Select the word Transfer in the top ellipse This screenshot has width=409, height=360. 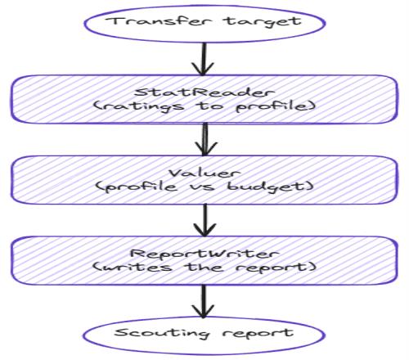point(159,21)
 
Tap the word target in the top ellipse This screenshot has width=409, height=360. point(263,22)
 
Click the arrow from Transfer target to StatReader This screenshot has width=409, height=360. point(204,59)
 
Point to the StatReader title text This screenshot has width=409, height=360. point(204,92)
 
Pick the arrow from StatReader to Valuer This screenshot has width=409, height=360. point(205,139)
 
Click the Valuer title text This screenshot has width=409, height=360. point(204,173)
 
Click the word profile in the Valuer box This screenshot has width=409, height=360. point(137,187)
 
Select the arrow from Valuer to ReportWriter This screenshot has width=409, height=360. point(204,220)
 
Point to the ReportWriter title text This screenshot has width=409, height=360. point(204,254)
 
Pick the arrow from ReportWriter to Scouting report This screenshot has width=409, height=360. point(203,301)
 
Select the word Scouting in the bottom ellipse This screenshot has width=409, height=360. point(162,333)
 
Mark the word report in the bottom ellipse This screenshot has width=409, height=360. point(258,333)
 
